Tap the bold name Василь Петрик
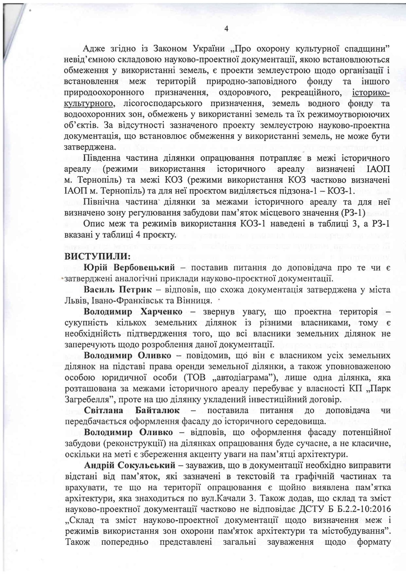click(118, 289)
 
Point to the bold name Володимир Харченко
click(133, 312)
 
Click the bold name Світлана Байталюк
click(132, 410)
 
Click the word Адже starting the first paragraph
click(94, 48)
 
